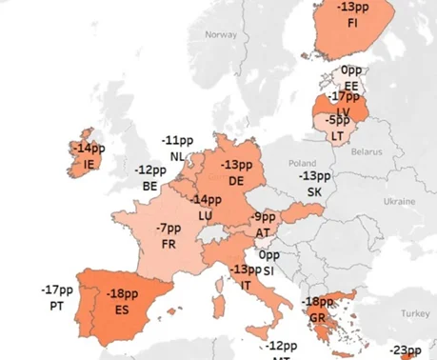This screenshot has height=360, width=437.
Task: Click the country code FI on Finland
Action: [x=353, y=22]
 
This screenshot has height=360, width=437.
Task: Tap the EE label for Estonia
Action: [x=351, y=84]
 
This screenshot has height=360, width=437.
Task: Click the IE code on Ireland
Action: [x=90, y=163]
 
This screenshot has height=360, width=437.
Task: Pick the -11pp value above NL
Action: [x=177, y=141]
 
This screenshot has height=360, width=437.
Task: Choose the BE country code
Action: [x=149, y=186]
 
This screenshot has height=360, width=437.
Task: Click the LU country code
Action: [x=205, y=215]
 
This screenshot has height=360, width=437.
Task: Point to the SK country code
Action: [x=314, y=191]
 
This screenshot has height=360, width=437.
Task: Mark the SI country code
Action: [x=268, y=270]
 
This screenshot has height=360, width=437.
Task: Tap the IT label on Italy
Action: [x=246, y=285]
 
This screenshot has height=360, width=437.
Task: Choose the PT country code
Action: [x=56, y=306]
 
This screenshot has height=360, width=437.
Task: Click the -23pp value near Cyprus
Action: [x=407, y=350]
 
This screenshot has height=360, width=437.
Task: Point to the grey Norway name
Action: [x=221, y=34]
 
